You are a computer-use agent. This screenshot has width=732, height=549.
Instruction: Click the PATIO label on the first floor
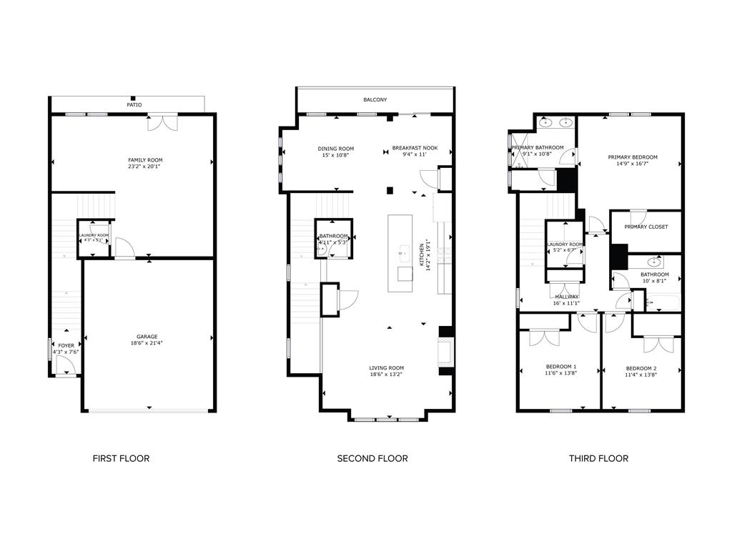(134, 105)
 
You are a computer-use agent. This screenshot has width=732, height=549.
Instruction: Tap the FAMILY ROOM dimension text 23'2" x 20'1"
(145, 167)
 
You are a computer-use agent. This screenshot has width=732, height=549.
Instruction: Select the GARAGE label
(147, 337)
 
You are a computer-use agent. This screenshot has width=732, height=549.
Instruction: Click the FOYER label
(66, 345)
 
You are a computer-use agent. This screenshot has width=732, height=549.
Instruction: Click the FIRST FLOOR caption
(121, 458)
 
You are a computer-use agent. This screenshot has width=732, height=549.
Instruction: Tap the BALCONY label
(375, 100)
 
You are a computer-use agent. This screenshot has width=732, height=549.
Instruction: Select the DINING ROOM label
(336, 149)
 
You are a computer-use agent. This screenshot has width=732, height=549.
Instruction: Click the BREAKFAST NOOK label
(415, 149)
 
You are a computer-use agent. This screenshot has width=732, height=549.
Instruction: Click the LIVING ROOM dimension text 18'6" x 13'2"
(387, 375)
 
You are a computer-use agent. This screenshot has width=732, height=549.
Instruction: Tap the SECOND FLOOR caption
(372, 458)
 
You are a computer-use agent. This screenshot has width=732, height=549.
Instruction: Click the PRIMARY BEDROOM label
(633, 157)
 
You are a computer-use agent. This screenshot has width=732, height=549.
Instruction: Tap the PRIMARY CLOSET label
(646, 227)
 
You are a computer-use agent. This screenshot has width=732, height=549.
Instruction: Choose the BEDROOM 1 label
(560, 367)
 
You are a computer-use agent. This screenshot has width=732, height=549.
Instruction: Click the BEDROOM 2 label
(640, 368)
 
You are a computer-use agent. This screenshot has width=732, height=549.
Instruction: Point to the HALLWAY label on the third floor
(566, 297)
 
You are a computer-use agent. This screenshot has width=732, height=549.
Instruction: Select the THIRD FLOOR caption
(598, 458)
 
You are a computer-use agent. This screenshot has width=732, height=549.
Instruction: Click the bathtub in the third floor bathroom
(662, 303)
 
